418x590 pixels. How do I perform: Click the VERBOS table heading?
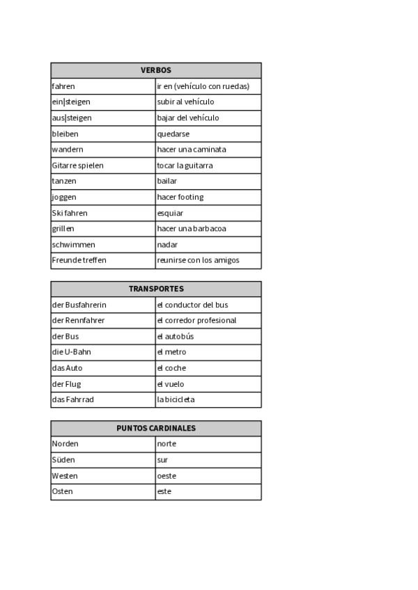[156, 70]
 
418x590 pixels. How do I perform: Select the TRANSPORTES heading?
[156, 289]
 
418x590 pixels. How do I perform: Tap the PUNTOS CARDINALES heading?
[156, 429]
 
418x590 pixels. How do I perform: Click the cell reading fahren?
[63, 86]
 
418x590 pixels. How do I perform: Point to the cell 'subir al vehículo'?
[185, 102]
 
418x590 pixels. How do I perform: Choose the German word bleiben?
[65, 134]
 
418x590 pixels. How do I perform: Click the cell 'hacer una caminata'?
[192, 150]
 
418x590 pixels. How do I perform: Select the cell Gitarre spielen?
[77, 166]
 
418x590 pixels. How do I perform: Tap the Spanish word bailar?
[167, 181]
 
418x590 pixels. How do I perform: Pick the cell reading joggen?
[64, 197]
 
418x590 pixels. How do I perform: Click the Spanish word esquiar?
[171, 213]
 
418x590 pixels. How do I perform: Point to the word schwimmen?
[73, 245]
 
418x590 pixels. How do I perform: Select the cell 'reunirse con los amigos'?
[198, 260]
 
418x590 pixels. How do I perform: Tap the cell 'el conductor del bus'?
[192, 305]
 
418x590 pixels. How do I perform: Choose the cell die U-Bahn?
[72, 352]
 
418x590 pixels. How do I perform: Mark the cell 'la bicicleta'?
[176, 399]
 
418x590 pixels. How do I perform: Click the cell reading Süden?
[63, 460]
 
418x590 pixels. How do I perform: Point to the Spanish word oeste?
[167, 476]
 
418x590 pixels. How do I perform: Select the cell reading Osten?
[63, 492]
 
